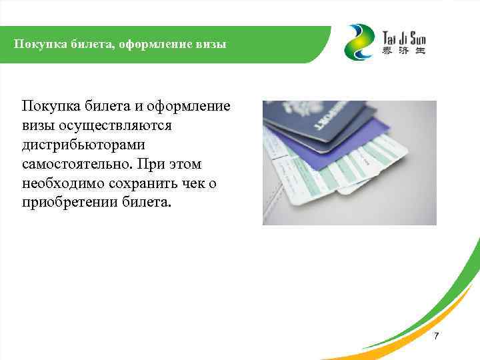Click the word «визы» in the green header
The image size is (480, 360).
pyautogui.click(x=211, y=45)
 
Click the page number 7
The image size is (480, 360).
pyautogui.click(x=436, y=336)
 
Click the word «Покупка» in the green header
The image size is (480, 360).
pyautogui.click(x=37, y=45)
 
